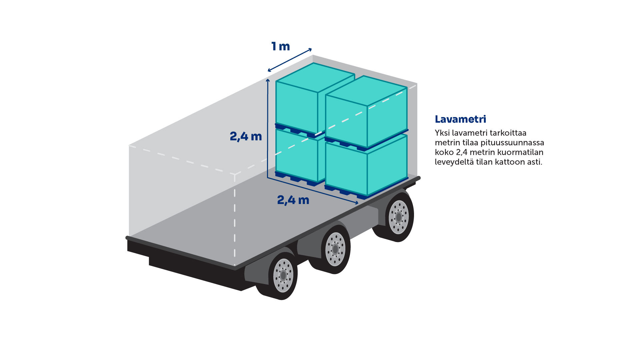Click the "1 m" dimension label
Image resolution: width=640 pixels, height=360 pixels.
point(280,46)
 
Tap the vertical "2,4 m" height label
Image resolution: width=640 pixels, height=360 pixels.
point(246,136)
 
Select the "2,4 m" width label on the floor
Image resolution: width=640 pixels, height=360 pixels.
point(293,200)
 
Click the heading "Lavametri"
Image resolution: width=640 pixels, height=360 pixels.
point(460,119)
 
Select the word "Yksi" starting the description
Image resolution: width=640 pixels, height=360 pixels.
point(442,133)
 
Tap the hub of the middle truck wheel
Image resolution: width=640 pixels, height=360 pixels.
point(335,249)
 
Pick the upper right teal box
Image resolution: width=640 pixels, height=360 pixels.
point(367,110)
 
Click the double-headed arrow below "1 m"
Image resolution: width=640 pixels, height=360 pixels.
point(290,60)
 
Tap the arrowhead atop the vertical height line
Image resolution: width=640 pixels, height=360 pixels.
point(268,81)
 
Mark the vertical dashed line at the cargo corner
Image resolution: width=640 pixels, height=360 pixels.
point(235,220)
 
